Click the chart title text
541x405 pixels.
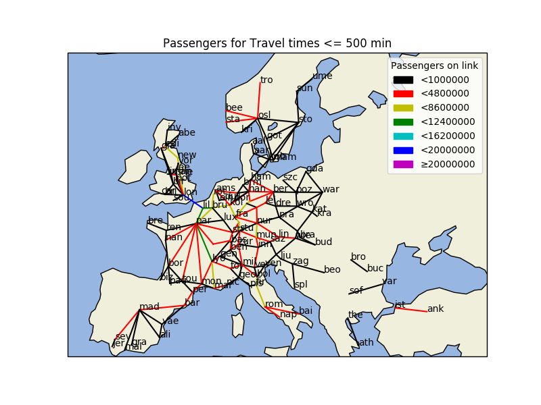(x=277, y=44)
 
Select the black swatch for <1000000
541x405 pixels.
(x=403, y=80)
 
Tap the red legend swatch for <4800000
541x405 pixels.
(x=403, y=94)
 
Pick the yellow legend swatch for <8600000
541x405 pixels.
(x=403, y=108)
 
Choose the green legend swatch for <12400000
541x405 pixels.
(x=403, y=122)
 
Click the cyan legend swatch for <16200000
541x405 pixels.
(x=403, y=136)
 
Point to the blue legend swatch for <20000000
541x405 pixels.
(x=403, y=150)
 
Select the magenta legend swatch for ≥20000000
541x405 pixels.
(x=403, y=164)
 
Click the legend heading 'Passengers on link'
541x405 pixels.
(x=434, y=65)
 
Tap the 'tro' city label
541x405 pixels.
(x=266, y=80)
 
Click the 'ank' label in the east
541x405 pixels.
(x=436, y=308)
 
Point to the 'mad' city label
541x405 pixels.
(x=149, y=306)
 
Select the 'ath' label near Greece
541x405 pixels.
(x=366, y=342)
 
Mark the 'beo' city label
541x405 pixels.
(x=332, y=269)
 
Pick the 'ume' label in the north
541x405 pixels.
(x=322, y=76)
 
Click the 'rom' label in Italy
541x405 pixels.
(x=274, y=304)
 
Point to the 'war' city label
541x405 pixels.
(x=331, y=189)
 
